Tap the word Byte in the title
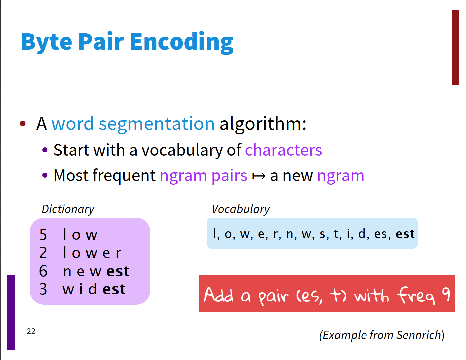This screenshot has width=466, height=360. click(x=47, y=42)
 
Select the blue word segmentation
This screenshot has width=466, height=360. click(x=157, y=124)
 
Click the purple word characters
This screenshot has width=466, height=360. click(x=283, y=150)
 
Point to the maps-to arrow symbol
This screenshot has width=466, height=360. click(x=259, y=176)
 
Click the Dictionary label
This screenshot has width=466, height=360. click(x=68, y=209)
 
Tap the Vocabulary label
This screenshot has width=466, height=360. click(x=241, y=209)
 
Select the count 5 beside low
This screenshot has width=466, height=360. click(x=43, y=234)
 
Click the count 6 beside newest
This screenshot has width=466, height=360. click(x=43, y=271)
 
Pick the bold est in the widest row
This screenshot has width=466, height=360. click(x=114, y=289)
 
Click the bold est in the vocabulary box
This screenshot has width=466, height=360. click(x=405, y=234)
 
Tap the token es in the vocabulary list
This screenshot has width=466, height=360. click(x=380, y=234)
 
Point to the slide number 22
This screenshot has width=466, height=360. click(x=31, y=331)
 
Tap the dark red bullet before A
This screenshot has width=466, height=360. click(x=23, y=124)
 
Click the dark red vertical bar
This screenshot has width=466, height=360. click(x=455, y=47)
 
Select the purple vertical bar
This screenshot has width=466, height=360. click(x=11, y=313)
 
